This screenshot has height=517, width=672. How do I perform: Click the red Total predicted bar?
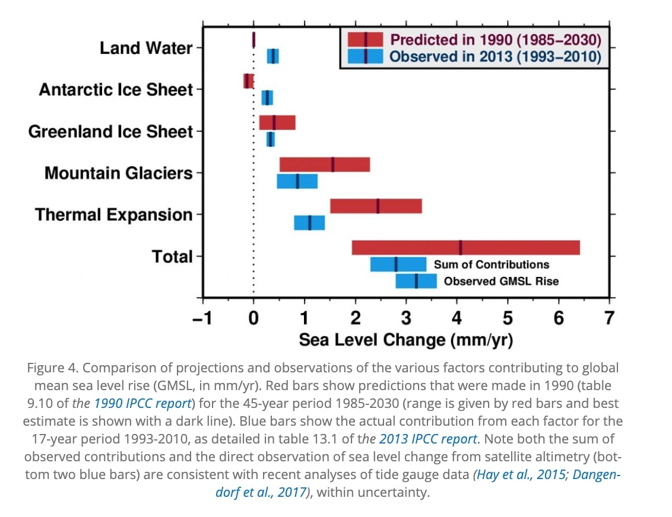(465, 247)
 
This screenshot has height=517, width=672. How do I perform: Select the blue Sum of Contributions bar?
(398, 264)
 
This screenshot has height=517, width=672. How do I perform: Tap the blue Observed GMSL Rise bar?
(416, 280)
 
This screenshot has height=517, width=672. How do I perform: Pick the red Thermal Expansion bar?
(376, 206)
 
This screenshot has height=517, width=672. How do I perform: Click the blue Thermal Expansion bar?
(309, 222)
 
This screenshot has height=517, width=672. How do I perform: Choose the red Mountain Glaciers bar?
(325, 164)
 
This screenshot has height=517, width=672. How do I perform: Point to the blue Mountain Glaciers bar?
(297, 181)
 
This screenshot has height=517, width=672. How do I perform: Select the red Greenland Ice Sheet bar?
(277, 122)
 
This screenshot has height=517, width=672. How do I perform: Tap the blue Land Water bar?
(272, 56)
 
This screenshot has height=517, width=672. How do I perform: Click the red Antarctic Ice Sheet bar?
(248, 81)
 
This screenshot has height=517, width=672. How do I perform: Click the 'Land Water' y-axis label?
(146, 48)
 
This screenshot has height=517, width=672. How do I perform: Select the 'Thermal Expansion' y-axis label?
(114, 214)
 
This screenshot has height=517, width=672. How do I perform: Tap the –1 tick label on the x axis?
(202, 318)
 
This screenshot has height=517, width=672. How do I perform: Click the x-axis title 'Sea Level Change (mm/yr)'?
(405, 340)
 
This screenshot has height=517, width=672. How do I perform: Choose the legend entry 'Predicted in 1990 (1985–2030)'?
(495, 40)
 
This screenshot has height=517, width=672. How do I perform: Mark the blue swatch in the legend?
(365, 56)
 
